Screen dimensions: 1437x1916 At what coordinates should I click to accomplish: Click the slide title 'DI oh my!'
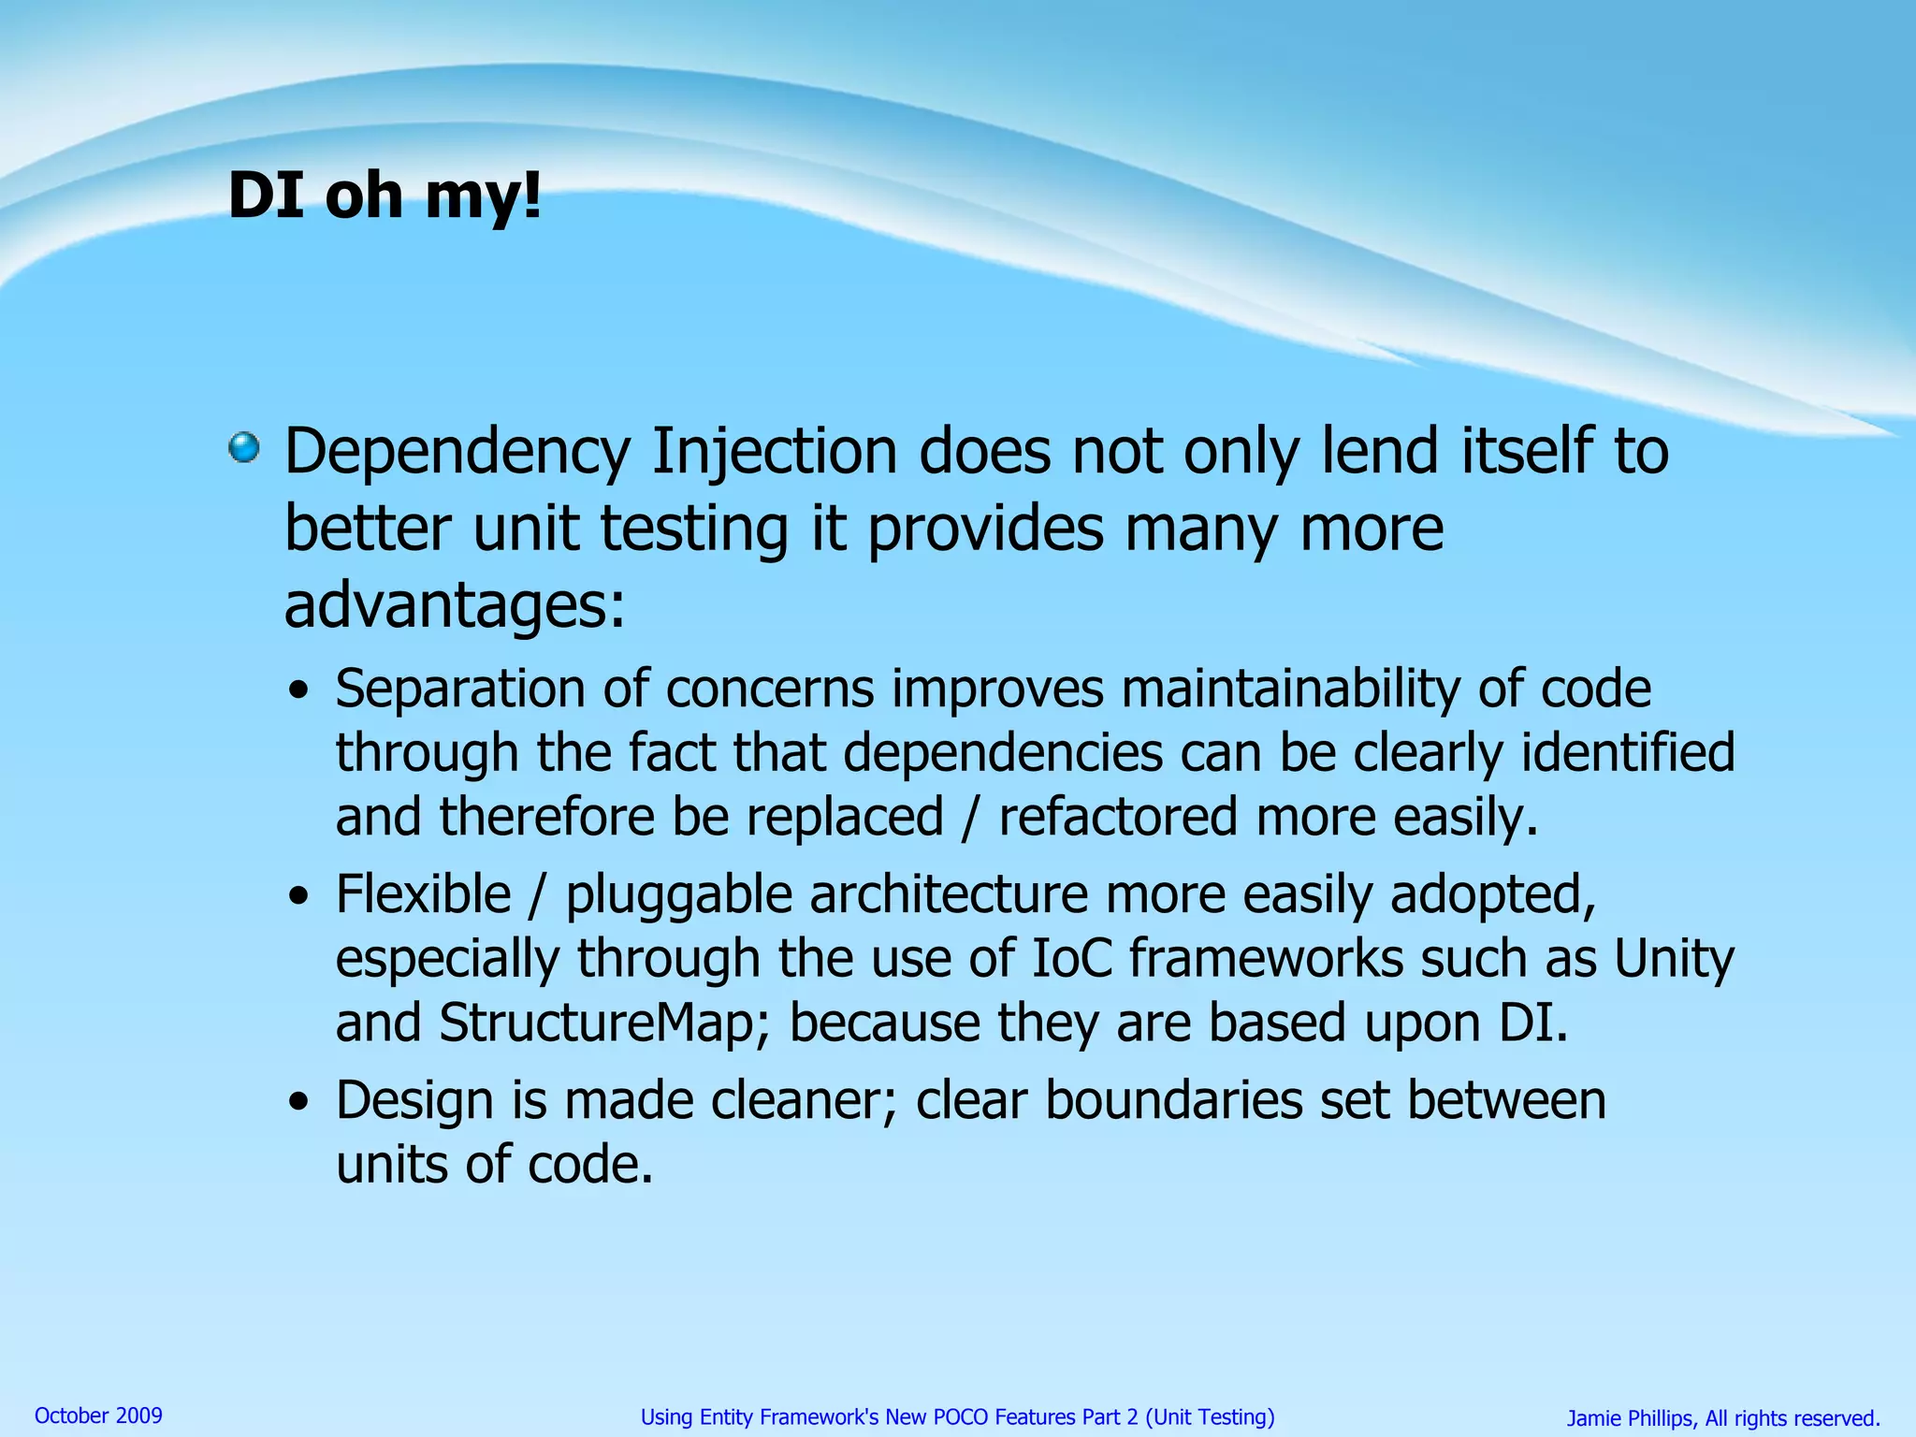click(x=385, y=196)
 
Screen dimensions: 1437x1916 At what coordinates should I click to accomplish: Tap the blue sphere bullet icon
click(x=244, y=447)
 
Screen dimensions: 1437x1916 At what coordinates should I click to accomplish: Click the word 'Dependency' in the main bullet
click(x=457, y=453)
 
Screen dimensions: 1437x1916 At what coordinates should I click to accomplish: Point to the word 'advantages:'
click(x=455, y=605)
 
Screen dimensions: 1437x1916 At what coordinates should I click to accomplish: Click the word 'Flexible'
click(x=423, y=894)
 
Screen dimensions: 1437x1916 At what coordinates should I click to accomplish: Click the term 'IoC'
click(x=1072, y=959)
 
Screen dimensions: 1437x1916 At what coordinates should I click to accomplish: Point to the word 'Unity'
click(x=1674, y=961)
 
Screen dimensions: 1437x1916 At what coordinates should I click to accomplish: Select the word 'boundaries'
click(x=1173, y=1100)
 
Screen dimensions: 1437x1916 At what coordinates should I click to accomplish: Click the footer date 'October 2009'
click(x=98, y=1415)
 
